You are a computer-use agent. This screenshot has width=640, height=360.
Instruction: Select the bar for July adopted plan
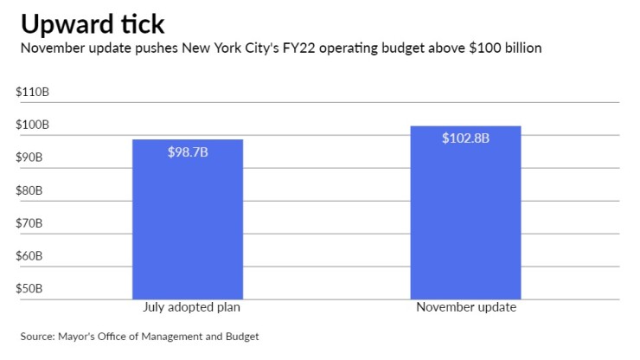pos(187,220)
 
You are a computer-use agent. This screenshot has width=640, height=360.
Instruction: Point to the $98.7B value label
pos(188,152)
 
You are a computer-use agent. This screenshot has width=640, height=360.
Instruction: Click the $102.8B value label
pos(465,138)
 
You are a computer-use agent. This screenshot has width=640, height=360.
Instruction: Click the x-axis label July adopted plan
pos(188,308)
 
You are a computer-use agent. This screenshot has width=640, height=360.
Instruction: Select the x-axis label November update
pos(465,308)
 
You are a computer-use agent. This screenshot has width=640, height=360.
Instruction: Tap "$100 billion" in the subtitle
pos(501,48)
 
